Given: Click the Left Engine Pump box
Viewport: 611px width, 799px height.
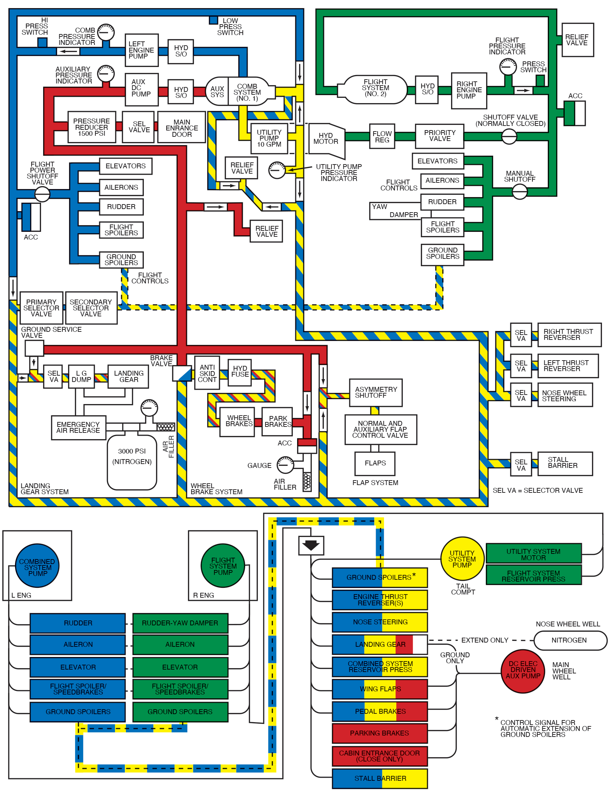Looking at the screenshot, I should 141,50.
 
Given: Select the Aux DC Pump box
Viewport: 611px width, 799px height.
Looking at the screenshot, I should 141,89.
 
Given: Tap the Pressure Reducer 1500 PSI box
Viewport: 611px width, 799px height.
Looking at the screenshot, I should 92,127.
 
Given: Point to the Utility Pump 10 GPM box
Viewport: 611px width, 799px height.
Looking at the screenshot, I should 269,138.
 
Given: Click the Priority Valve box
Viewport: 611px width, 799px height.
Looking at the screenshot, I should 439,136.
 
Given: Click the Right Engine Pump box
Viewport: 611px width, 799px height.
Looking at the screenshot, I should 469,90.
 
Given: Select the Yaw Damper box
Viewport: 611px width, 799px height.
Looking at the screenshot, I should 395,211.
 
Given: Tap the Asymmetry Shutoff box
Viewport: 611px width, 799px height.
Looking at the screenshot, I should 376,392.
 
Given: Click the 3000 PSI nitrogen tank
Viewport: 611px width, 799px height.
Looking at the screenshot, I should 132,462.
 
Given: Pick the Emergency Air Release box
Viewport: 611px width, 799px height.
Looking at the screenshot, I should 79,428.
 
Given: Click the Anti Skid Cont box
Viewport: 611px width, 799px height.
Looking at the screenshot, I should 207,373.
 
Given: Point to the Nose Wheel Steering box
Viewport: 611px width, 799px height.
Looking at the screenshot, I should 565,395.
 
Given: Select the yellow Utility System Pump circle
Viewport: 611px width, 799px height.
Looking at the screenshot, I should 462,559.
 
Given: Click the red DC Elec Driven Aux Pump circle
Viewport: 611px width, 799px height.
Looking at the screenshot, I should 523,671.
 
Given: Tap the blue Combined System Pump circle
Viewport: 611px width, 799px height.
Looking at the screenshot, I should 37,566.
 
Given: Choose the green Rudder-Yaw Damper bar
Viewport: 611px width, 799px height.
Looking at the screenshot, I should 180,623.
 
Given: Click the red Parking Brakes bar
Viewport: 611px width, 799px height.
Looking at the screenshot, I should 379,733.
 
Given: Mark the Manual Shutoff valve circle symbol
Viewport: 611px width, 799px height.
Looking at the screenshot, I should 519,191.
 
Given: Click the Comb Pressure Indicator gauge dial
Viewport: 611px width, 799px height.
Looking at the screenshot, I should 106,32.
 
